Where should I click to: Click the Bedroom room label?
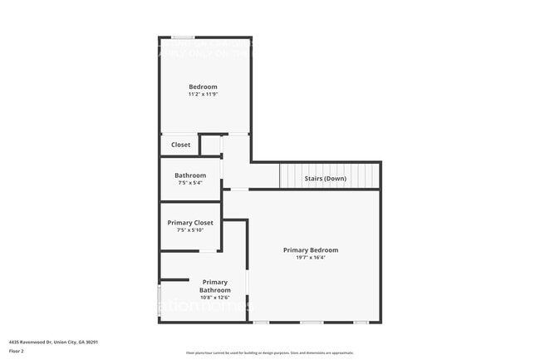203,87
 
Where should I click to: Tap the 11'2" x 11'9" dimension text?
203,95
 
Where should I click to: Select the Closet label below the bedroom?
180,145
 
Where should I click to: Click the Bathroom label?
190,175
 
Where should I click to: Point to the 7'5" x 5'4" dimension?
190,183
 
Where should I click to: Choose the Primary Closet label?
190,223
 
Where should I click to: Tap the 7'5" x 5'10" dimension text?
190,230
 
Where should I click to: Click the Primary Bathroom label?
214,286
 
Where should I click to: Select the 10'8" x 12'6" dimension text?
214,298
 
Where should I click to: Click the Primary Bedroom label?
311,250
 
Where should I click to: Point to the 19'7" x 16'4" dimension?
311,258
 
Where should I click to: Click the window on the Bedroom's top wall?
184,37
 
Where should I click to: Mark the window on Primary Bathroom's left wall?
160,296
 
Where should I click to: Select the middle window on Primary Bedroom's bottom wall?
312,322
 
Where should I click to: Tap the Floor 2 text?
17,350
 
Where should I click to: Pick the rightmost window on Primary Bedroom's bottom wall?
361,322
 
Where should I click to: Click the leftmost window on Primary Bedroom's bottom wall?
261,322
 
